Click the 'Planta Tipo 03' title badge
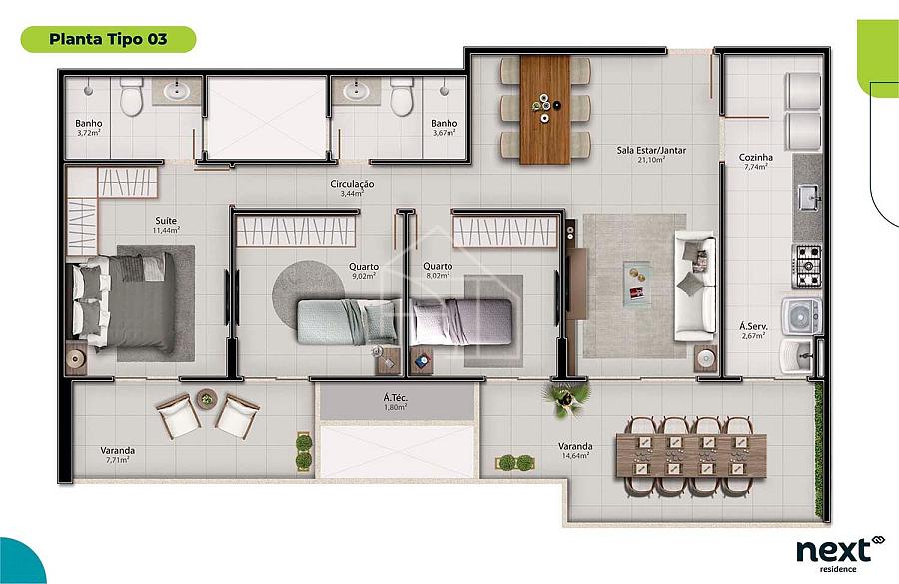pos(108,39)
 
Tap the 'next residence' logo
pos(840,554)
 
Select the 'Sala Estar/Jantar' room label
pos(651,150)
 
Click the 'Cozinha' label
pos(756,157)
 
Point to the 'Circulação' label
pos(352,184)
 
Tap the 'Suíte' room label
pos(166,220)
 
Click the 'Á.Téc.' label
pos(395,397)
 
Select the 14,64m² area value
pos(575,456)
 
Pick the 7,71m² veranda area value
pos(118,459)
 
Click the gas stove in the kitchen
pos(807,266)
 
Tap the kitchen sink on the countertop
pos(809,198)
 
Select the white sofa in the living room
pos(695,286)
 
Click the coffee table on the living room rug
pos(637,285)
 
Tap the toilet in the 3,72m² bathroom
pos(131,96)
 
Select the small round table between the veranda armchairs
pos(207,399)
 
